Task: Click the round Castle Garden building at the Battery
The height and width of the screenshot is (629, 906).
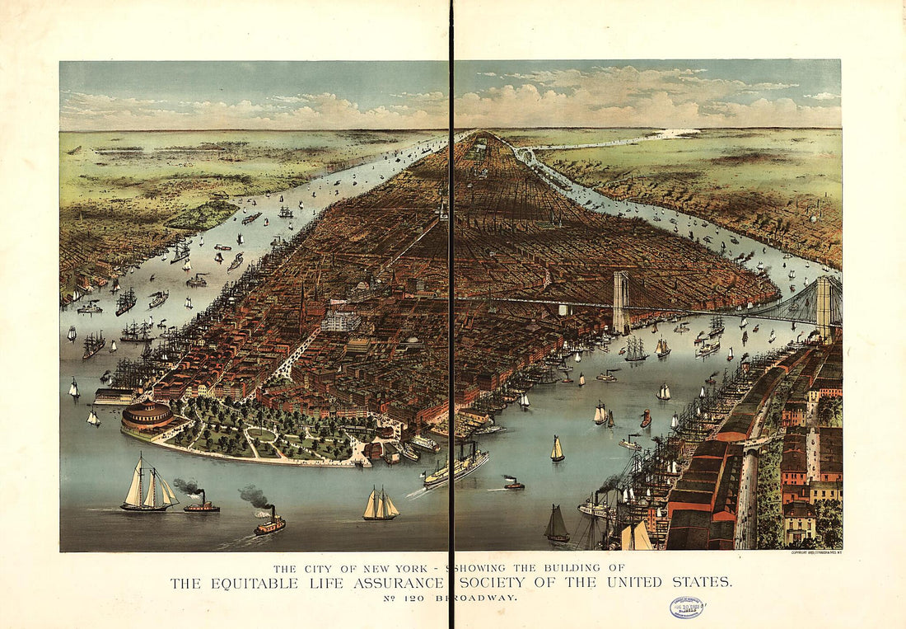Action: tap(147, 416)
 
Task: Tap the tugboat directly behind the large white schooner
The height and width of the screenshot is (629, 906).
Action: tap(201, 504)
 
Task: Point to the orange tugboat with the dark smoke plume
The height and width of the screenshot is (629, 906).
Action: tap(269, 523)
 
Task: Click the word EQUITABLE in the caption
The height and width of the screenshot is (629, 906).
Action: tap(244, 583)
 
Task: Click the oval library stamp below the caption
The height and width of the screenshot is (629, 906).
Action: tap(687, 608)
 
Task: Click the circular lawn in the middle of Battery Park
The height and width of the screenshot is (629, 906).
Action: tap(261, 434)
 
